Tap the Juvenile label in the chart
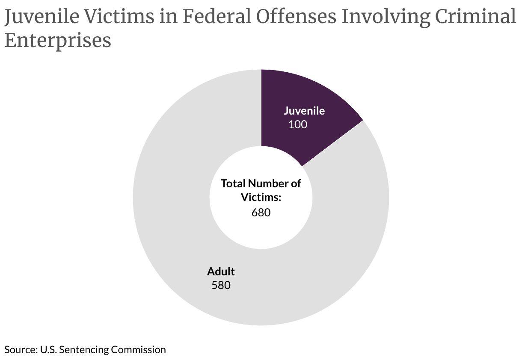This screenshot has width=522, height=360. click(304, 111)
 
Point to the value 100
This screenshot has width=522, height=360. click(298, 124)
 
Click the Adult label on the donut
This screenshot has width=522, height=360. click(221, 271)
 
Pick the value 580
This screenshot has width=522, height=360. click(221, 285)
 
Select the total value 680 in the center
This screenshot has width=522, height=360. click(261, 212)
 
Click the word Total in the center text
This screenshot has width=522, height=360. click(233, 183)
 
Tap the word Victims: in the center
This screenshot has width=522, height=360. click(261, 197)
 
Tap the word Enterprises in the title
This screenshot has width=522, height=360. click(58, 41)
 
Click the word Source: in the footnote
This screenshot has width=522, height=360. click(21, 349)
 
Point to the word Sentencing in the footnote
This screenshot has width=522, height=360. click(84, 349)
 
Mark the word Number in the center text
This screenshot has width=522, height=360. click(268, 183)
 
